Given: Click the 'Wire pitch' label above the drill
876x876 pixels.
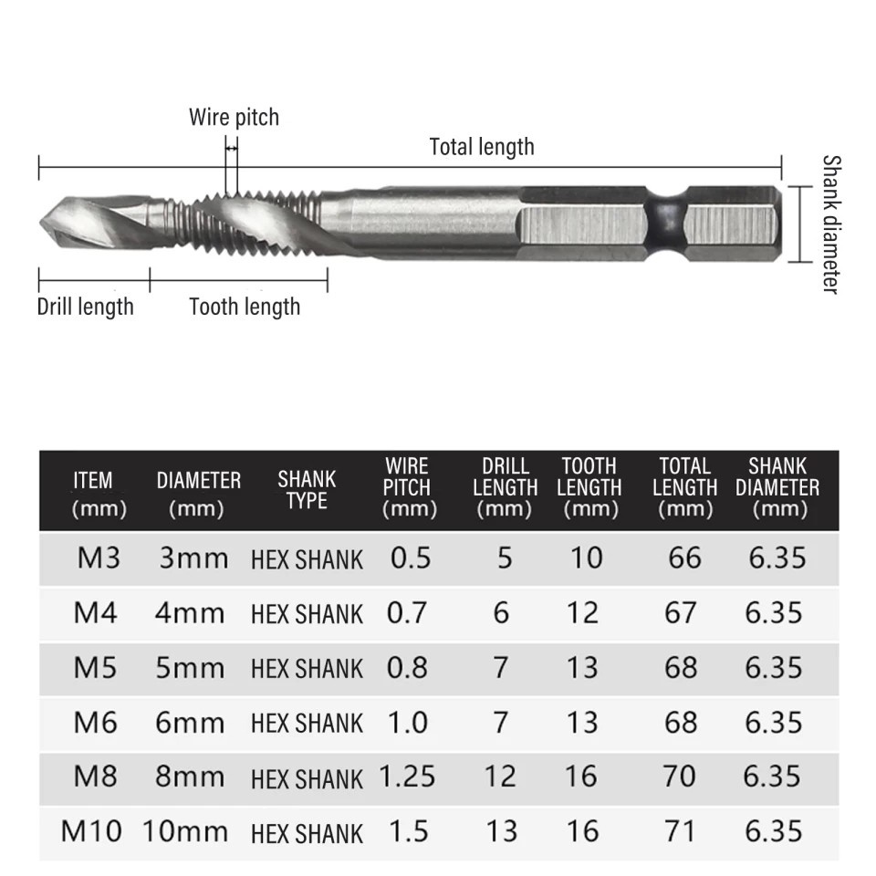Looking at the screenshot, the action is click(x=234, y=118).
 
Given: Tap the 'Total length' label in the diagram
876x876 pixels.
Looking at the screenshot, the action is click(x=482, y=147).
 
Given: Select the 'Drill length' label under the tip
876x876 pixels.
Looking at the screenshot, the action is click(x=86, y=307).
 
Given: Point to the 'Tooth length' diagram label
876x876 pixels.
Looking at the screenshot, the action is click(x=245, y=307).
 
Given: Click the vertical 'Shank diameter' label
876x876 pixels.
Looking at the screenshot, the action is click(x=831, y=224).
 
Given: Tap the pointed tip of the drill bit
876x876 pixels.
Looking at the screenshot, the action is click(x=40, y=223).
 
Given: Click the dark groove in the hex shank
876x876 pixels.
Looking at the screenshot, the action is click(x=666, y=224).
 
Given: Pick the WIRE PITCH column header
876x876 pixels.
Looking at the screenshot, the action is click(x=408, y=487).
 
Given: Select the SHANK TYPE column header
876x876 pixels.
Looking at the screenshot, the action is click(x=307, y=490).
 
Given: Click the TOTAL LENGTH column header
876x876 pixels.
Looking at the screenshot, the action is click(x=685, y=487).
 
